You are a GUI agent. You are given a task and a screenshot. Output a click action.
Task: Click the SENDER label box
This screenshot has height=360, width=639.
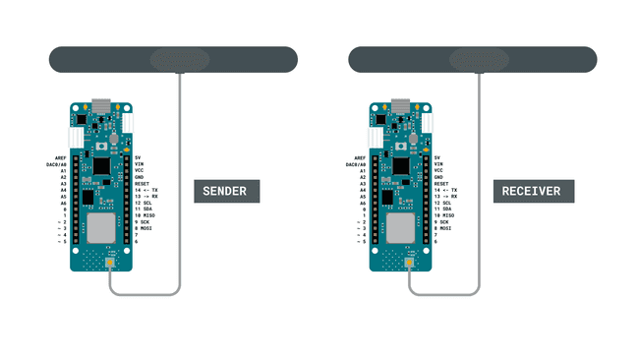click(x=226, y=191)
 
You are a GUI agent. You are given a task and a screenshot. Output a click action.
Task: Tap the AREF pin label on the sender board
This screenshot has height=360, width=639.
click(x=58, y=157)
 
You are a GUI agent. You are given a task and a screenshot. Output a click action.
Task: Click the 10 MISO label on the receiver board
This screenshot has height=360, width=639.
click(x=446, y=215)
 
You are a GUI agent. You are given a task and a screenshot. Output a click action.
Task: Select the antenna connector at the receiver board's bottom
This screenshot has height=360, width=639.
click(x=410, y=264)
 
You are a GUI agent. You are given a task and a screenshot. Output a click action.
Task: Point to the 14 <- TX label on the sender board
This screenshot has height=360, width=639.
click(x=146, y=190)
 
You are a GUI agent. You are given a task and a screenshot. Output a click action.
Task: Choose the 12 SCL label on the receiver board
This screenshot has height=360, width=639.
click(x=444, y=203)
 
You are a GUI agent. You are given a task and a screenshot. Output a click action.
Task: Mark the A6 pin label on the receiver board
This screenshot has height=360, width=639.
click(x=362, y=203)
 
